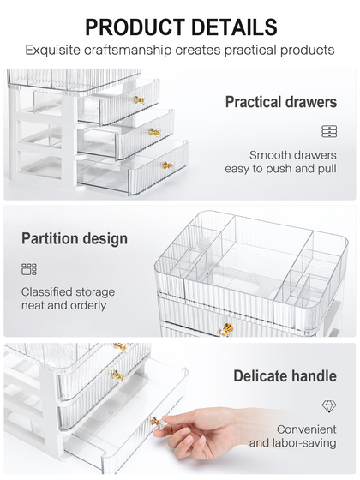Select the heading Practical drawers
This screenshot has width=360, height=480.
tap(281, 102)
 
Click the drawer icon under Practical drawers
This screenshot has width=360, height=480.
tap(329, 131)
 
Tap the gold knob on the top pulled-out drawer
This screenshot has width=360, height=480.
tap(139, 99)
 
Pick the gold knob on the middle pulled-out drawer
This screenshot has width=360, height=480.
tap(154, 132)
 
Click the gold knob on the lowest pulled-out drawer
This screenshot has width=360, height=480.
tap(168, 165)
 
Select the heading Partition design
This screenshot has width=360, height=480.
tap(75, 238)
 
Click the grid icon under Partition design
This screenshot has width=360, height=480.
tap(29, 269)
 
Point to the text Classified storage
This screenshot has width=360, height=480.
tap(68, 291)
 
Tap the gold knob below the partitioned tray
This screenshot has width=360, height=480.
tap(226, 330)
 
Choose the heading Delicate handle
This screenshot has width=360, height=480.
tap(285, 376)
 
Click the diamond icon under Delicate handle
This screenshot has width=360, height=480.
tap(329, 406)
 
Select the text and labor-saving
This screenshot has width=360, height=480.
tap(292, 442)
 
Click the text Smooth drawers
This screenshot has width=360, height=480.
tap(292, 155)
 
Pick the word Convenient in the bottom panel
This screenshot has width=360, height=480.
tap(307, 429)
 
